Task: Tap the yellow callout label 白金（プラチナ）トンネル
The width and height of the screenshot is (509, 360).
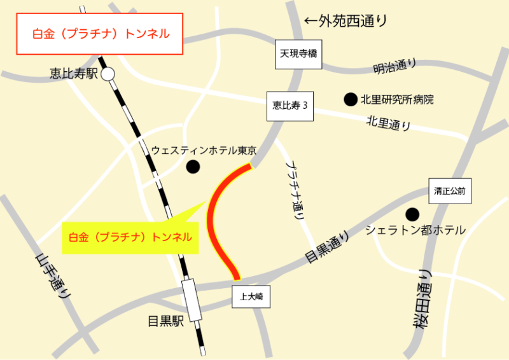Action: (130, 237)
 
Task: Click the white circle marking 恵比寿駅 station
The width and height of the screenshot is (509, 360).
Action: (108, 74)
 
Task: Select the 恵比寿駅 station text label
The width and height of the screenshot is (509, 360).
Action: (74, 74)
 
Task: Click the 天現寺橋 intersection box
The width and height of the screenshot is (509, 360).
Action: (298, 55)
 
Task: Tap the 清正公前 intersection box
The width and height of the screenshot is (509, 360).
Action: (450, 191)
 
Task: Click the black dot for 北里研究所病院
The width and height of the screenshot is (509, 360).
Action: (350, 99)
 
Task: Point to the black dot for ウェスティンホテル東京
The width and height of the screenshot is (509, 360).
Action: (192, 167)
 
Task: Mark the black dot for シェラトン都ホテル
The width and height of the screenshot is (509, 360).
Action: (413, 214)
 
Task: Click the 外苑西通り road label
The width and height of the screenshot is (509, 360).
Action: (345, 21)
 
